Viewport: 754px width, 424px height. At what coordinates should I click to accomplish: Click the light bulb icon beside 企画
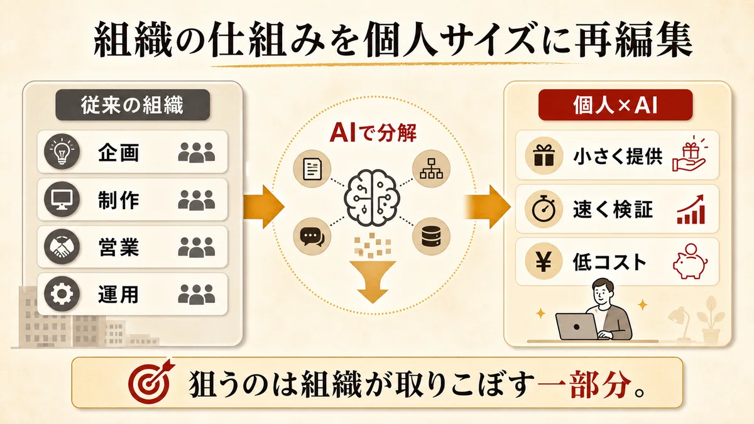tap(62, 151)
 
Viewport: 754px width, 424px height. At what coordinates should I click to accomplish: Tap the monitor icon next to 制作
tap(62, 199)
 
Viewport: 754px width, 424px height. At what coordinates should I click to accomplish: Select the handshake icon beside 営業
tap(62, 247)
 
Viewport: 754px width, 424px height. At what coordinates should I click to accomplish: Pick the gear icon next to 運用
tap(62, 294)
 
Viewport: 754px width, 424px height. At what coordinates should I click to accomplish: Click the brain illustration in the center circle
tap(371, 197)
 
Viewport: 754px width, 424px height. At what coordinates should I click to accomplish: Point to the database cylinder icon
tap(431, 237)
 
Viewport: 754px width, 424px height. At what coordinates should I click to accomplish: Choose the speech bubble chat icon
tap(312, 237)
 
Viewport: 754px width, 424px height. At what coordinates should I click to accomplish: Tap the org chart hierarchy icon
tap(431, 168)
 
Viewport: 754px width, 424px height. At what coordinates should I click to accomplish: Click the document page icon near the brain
tap(312, 168)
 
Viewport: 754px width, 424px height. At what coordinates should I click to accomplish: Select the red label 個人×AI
tap(615, 105)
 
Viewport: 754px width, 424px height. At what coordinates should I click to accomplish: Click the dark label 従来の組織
tap(133, 105)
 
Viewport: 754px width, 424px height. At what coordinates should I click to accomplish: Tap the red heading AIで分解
tap(373, 133)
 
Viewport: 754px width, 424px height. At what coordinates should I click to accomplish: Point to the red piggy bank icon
tap(690, 261)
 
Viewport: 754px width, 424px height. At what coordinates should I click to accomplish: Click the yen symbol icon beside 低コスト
tap(544, 262)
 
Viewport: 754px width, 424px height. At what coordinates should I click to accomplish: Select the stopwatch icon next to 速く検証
tap(544, 209)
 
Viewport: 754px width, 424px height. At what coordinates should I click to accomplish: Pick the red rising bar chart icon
tap(691, 209)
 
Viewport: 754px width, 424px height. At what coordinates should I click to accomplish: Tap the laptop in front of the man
tap(577, 327)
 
